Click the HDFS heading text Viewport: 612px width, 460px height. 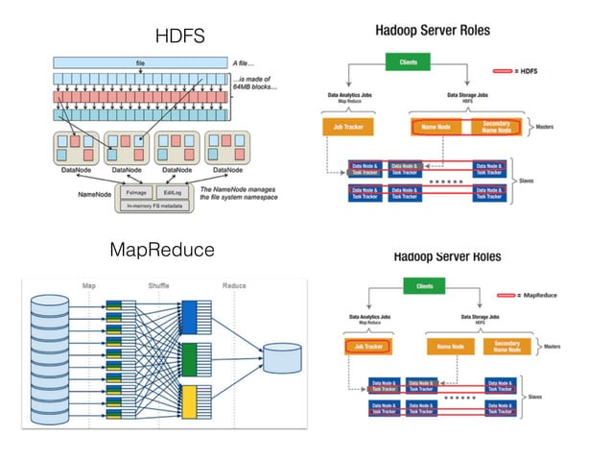(x=180, y=37)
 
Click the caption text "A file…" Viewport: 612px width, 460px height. (x=247, y=61)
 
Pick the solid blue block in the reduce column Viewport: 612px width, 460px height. (x=189, y=319)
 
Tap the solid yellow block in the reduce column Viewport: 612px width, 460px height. (x=189, y=400)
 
